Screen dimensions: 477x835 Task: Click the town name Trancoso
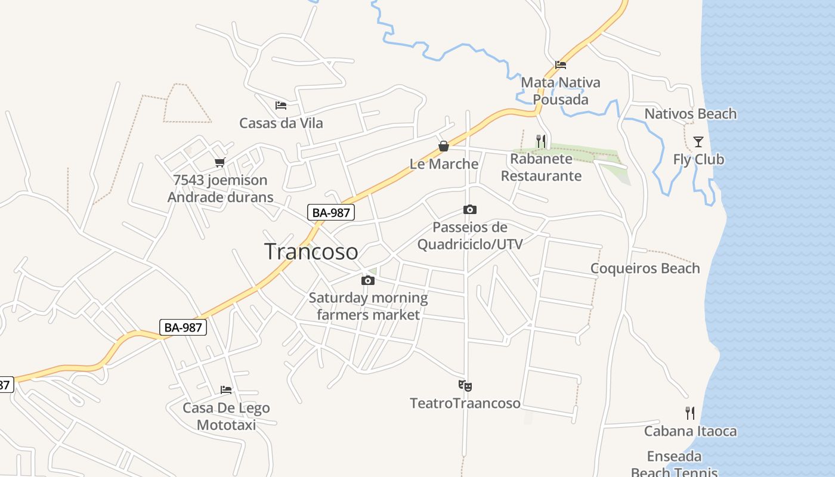pyautogui.click(x=311, y=252)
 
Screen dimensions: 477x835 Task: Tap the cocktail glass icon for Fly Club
pyautogui.click(x=698, y=142)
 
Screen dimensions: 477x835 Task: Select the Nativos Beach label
pyautogui.click(x=690, y=114)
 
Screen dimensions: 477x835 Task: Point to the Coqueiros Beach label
pyautogui.click(x=645, y=268)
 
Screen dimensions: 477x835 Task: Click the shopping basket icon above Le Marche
pyautogui.click(x=444, y=146)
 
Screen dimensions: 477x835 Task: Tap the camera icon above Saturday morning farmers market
pyautogui.click(x=368, y=280)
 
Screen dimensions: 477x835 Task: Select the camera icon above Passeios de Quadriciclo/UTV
pyautogui.click(x=470, y=210)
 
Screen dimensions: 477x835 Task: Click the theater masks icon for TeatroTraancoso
pyautogui.click(x=465, y=386)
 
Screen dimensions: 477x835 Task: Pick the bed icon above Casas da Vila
pyautogui.click(x=281, y=106)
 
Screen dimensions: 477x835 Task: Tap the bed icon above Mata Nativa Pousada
pyautogui.click(x=560, y=64)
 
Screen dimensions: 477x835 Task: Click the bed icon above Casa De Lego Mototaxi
pyautogui.click(x=226, y=390)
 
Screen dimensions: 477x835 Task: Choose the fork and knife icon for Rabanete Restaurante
pyautogui.click(x=541, y=141)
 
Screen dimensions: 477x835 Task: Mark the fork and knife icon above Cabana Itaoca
pyautogui.click(x=690, y=413)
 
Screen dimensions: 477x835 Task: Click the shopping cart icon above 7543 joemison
pyautogui.click(x=220, y=162)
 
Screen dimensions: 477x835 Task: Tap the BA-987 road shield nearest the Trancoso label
pyautogui.click(x=331, y=212)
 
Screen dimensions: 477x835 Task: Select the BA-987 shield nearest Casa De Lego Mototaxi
pyautogui.click(x=184, y=327)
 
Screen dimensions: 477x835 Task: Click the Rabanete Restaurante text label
pyautogui.click(x=541, y=167)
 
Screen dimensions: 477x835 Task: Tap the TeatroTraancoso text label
pyautogui.click(x=465, y=404)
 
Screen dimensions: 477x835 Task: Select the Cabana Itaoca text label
pyautogui.click(x=690, y=431)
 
